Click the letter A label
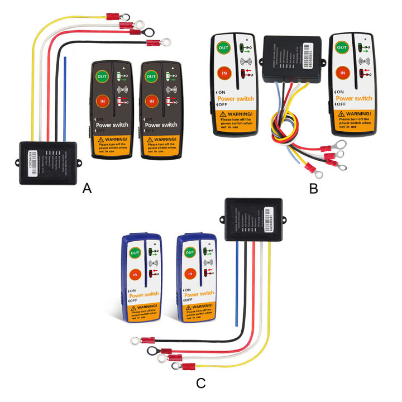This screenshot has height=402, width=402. click(x=87, y=189)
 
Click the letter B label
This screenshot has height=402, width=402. click(x=313, y=189)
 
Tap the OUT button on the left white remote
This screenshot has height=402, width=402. click(x=223, y=49)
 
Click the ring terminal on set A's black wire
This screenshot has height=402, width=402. click(x=165, y=41)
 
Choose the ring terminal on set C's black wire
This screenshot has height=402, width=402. click(x=135, y=339)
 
